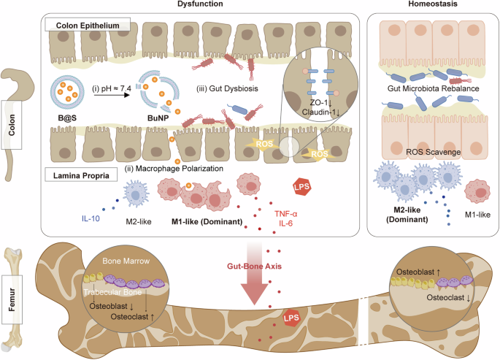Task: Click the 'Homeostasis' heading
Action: [x=431, y=5]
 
